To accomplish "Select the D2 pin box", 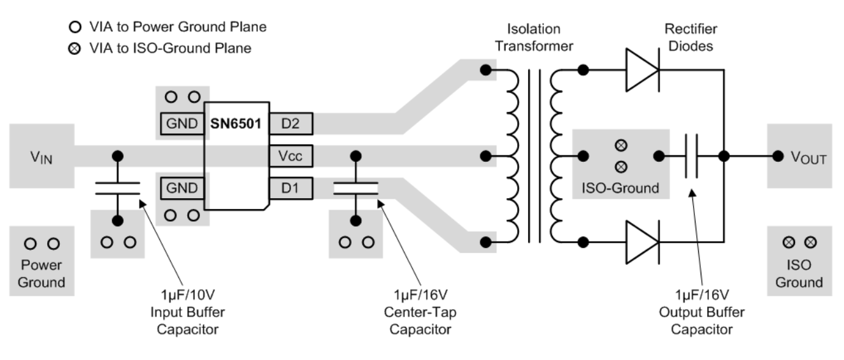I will coord(290,123).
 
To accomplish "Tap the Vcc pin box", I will coord(290,155).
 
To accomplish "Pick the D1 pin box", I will coord(290,188).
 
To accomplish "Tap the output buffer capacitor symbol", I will coord(692,155).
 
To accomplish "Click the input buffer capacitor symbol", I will coord(117,187).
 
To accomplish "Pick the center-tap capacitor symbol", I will coord(355,187).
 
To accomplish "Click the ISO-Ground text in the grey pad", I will coord(620,189).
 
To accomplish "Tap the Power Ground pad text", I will coord(41,273).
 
